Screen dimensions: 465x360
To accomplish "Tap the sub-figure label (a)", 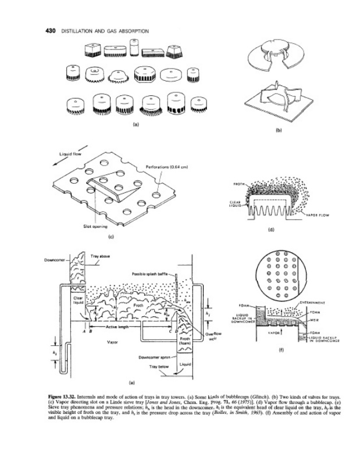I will [x=136, y=124].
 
